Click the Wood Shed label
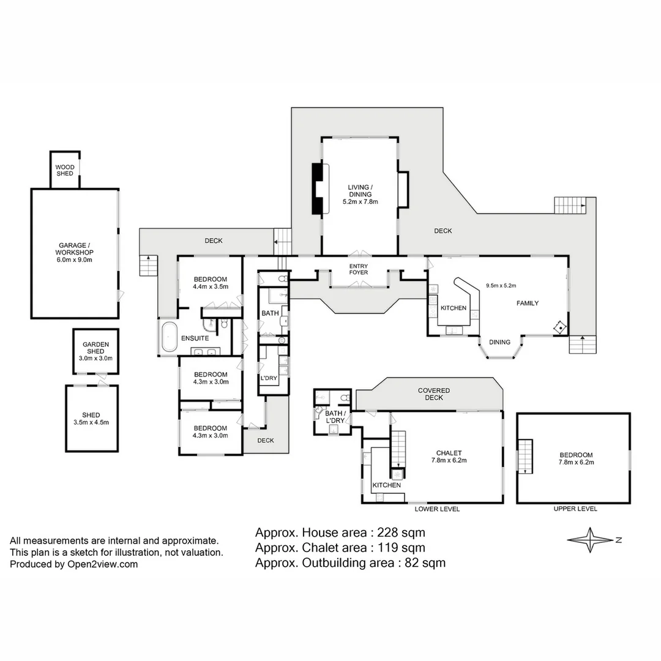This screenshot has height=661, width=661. pos(64,170)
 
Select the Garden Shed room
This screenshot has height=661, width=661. pos(95,351)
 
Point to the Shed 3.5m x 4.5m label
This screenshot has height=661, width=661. pos(92,418)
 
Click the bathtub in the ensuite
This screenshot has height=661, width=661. pos(169,336)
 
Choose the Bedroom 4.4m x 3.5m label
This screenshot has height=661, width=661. pos(210,282)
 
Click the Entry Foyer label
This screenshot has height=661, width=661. pos(358,269)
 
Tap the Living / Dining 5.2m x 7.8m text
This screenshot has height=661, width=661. pos(360,194)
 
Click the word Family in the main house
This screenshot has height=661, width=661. pos(527,303)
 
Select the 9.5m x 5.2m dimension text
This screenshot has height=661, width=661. pos(501,285)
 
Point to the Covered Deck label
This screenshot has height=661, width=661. pos(434,394)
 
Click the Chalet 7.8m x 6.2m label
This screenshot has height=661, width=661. pos(449,457)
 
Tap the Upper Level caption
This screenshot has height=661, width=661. pos(575,509)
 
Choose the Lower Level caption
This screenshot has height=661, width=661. pos(437,509)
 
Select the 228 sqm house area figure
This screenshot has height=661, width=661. pos(402,532)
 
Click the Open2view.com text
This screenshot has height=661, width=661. pos(103,564)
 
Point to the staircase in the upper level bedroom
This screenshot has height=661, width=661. pos(525,456)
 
